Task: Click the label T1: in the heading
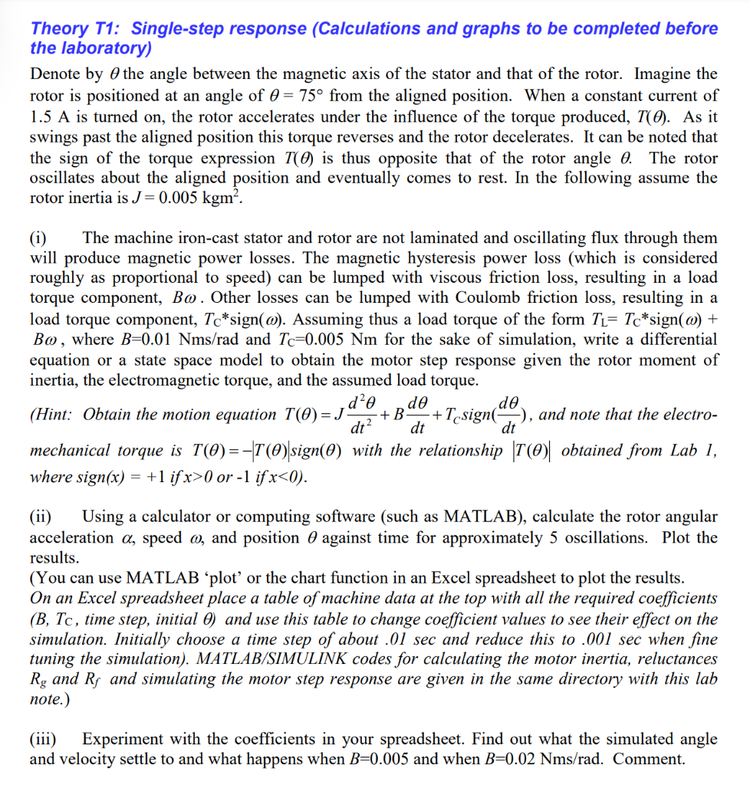point(107,29)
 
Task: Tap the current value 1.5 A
point(51,117)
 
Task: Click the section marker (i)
point(39,238)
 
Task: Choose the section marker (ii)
point(41,517)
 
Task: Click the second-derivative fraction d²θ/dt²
point(358,415)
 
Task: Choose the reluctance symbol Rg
point(38,679)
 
